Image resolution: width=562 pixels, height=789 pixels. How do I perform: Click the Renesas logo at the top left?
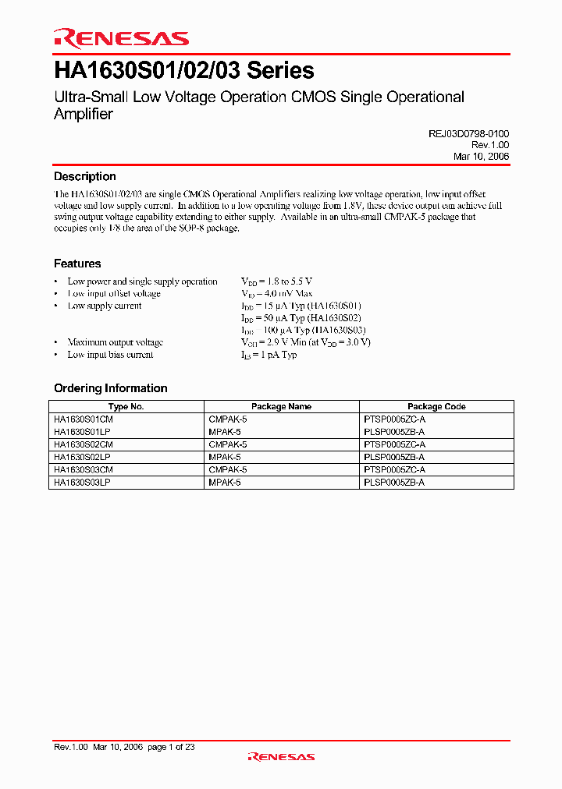click(121, 37)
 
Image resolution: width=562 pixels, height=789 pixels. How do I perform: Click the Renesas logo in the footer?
click(281, 756)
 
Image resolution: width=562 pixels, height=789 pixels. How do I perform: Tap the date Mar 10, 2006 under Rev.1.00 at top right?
click(481, 157)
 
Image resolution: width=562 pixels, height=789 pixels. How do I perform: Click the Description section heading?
click(84, 177)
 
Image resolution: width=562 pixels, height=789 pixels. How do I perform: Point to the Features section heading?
click(77, 264)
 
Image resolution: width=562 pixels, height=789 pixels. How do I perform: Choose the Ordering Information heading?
click(110, 388)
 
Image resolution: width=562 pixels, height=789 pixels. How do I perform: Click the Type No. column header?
click(126, 406)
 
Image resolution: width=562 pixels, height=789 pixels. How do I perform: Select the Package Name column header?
click(281, 406)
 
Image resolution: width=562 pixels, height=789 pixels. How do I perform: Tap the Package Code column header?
click(436, 406)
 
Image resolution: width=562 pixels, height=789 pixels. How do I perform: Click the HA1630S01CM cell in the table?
click(84, 419)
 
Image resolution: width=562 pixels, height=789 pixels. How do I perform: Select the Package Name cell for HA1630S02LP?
click(225, 457)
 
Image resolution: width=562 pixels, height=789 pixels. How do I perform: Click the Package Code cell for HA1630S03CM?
click(394, 470)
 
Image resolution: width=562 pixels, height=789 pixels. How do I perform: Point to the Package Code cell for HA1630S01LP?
click(394, 431)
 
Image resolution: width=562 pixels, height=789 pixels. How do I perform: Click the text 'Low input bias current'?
click(110, 355)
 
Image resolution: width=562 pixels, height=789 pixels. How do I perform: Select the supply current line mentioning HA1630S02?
click(301, 318)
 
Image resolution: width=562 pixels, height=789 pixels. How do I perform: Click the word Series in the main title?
click(280, 71)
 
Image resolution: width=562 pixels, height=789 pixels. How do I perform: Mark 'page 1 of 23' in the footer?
click(171, 747)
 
